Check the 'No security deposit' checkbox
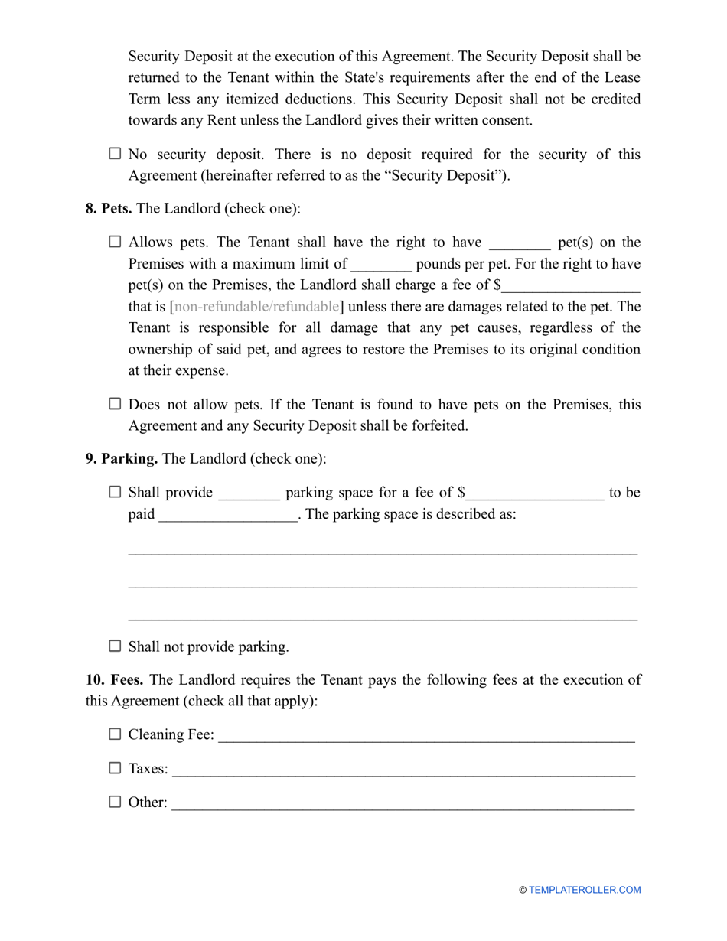[115, 154]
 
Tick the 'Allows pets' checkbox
[115, 242]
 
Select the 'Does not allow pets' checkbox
[115, 403]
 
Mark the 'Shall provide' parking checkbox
[115, 492]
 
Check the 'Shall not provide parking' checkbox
[115, 646]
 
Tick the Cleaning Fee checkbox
[115, 734]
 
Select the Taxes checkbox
[115, 768]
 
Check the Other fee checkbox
[115, 802]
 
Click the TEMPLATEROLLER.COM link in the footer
[584, 890]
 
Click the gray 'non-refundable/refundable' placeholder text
[256, 307]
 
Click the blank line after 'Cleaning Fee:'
[426, 736]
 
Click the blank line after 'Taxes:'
[403, 770]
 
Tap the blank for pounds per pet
[381, 265]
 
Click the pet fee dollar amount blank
[571, 286]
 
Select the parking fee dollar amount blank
[535, 493]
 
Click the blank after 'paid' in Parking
[227, 515]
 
